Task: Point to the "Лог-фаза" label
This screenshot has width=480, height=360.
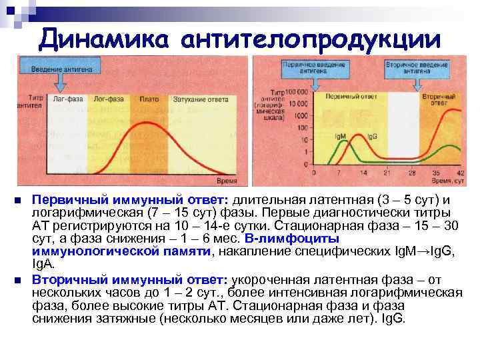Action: tap(107, 99)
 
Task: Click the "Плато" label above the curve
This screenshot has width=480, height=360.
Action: tap(149, 99)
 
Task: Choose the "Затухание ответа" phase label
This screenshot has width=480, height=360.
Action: tap(200, 99)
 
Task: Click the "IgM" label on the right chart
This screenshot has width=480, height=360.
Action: tap(340, 136)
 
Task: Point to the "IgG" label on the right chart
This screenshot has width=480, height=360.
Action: tap(371, 136)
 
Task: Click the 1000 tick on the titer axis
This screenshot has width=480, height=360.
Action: tap(301, 115)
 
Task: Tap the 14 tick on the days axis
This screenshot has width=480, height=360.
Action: tap(363, 173)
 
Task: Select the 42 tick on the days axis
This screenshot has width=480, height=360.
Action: tap(461, 173)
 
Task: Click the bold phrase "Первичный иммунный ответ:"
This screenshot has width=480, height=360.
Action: tap(130, 201)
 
